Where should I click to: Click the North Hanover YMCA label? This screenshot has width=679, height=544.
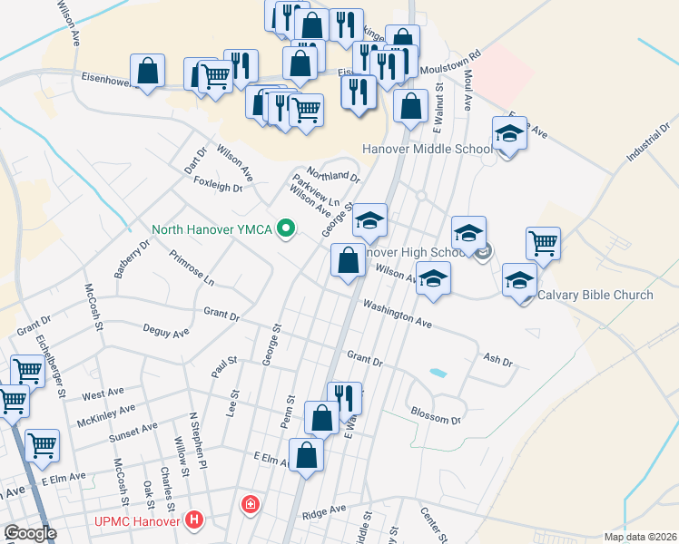click(x=213, y=228)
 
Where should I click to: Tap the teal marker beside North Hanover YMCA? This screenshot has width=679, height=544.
click(x=287, y=228)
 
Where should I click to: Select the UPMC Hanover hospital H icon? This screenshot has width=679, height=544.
click(x=193, y=520)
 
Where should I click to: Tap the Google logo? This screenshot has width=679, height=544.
click(x=30, y=533)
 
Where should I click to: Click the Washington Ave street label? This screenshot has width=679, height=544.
click(x=397, y=314)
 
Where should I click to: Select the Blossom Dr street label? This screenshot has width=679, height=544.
click(x=436, y=418)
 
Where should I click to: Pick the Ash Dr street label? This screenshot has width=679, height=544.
click(x=498, y=361)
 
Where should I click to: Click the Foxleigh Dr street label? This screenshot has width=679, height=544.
click(x=219, y=188)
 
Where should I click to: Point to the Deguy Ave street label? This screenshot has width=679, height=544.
click(x=165, y=331)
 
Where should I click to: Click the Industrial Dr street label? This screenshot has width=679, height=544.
click(x=645, y=143)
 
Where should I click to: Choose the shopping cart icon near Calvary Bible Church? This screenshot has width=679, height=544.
click(x=543, y=242)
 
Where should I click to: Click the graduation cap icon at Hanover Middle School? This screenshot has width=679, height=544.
click(x=509, y=133)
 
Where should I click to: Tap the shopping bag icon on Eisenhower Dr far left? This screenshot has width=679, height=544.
click(x=147, y=71)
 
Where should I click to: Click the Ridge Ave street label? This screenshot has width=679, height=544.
click(x=325, y=510)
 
